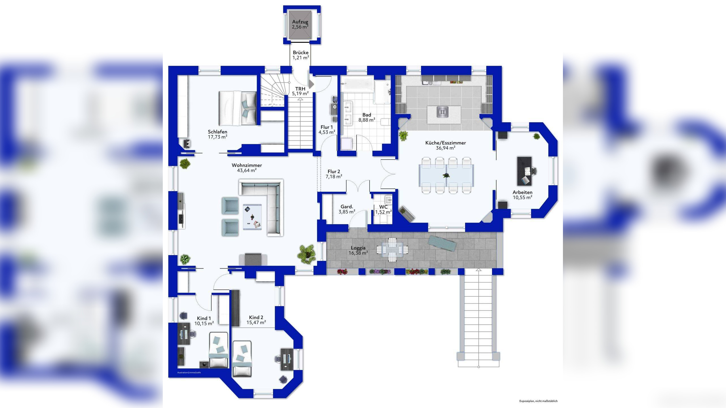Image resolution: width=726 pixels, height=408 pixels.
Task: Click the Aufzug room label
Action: pyautogui.click(x=300, y=22)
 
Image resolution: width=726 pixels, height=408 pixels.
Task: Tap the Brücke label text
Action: pyautogui.click(x=301, y=52)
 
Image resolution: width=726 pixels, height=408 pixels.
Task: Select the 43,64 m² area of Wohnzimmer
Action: pyautogui.click(x=247, y=170)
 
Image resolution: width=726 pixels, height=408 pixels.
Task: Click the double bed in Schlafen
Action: pyautogui.click(x=238, y=108)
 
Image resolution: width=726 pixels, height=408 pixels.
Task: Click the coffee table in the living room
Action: pyautogui.click(x=252, y=217)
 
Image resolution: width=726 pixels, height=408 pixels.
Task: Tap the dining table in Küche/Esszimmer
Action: pyautogui.click(x=446, y=176)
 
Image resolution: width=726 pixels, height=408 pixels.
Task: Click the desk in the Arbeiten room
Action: pyautogui.click(x=525, y=171)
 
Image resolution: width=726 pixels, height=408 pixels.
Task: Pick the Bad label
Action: pyautogui.click(x=367, y=115)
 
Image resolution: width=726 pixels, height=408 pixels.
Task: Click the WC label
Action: pyautogui.click(x=383, y=207)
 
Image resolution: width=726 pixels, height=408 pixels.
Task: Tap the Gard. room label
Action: pyautogui.click(x=347, y=207)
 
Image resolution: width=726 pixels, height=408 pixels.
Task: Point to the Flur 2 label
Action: pyautogui.click(x=334, y=171)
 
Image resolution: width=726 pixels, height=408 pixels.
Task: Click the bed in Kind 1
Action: pyautogui.click(x=218, y=350)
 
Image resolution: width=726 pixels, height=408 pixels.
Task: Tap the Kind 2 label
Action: pyautogui.click(x=256, y=317)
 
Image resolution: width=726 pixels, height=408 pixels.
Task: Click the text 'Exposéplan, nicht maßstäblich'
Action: pyautogui.click(x=539, y=401)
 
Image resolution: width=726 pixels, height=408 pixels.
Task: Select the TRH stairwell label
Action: pyautogui.click(x=300, y=89)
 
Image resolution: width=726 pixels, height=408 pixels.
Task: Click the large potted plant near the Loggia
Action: pyautogui.click(x=307, y=255)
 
